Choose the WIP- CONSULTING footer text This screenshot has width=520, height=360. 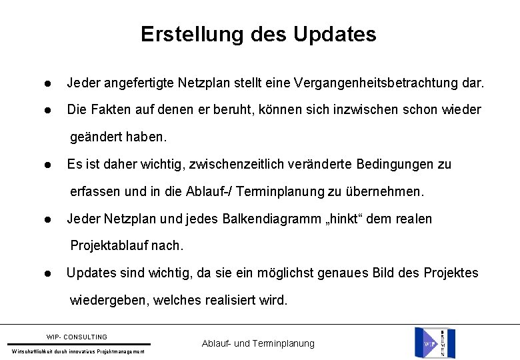click(x=77, y=337)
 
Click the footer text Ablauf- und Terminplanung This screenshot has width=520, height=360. click(x=257, y=343)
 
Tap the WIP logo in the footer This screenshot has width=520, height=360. click(x=427, y=341)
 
